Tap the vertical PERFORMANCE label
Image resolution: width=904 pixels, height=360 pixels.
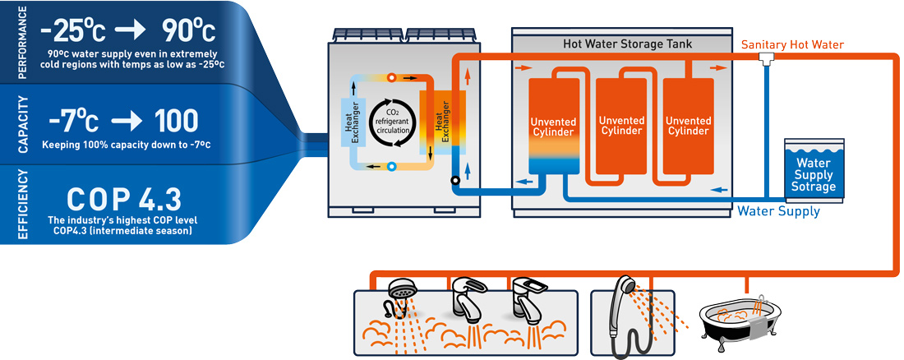pos(22,43)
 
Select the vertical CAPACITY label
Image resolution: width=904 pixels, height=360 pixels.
pos(23,125)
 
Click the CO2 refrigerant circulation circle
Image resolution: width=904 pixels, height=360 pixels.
pos(393,122)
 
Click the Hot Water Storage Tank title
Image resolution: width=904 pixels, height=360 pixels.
pos(627,44)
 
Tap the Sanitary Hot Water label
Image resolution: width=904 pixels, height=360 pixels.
pos(793,44)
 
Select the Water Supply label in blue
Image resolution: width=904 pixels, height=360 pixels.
pos(778,211)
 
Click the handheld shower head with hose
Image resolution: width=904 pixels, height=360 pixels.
pos(624,318)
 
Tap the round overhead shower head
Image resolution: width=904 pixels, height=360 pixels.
pos(399,290)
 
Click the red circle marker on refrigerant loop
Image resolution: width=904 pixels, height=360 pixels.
pos(391,76)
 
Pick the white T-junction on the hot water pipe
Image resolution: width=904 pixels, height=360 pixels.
pos(768,57)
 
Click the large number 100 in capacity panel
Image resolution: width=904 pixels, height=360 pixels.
pos(176,121)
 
